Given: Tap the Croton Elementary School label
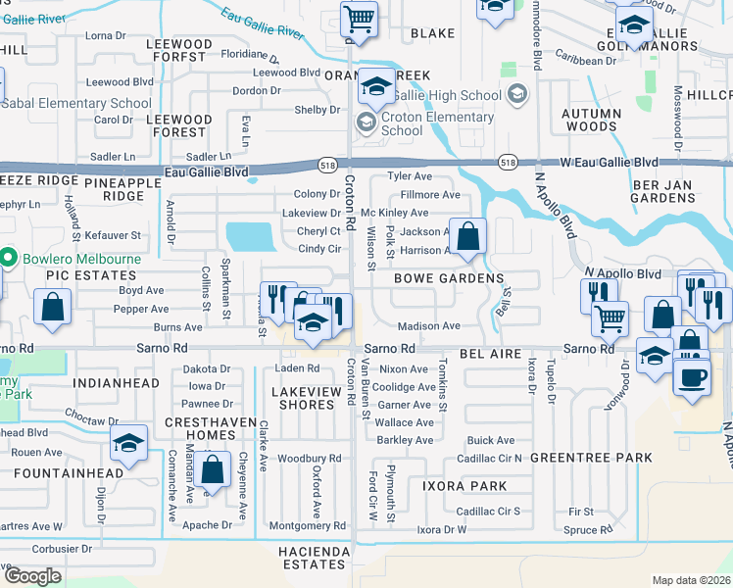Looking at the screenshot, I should tap(437, 123).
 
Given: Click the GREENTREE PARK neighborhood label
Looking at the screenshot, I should tap(591, 458).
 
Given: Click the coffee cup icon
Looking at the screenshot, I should tap(692, 377).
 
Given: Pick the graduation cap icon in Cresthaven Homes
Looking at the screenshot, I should tap(127, 445).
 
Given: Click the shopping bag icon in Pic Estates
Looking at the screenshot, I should tap(51, 308).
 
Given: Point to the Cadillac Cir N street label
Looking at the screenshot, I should tap(489, 458).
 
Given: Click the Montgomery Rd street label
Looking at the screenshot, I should tap(308, 525).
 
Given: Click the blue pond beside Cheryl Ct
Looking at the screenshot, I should tap(250, 236).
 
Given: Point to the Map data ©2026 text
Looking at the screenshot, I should tap(691, 580).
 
